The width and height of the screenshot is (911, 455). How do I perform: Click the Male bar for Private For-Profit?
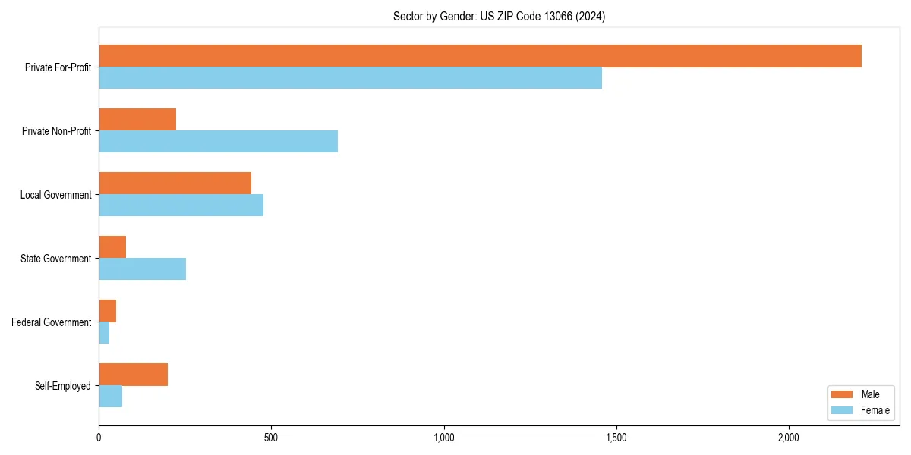point(480,56)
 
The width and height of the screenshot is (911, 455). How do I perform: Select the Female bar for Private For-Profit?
point(350,78)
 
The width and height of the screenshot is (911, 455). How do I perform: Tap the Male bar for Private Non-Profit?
point(137,120)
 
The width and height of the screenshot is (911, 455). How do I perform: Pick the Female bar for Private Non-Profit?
point(218,142)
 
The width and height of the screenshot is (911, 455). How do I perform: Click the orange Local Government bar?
point(175,184)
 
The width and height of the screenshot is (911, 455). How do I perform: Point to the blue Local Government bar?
point(181,206)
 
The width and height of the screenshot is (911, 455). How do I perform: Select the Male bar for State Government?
point(112,247)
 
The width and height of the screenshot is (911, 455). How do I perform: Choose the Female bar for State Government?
point(142,269)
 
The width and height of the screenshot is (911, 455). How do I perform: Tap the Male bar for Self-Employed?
point(133,375)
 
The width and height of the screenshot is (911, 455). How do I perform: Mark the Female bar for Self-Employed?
point(110,397)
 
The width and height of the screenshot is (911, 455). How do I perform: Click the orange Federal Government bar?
point(107,311)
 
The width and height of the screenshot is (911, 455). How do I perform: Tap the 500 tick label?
point(271,438)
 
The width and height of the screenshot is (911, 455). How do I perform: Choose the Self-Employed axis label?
point(62,386)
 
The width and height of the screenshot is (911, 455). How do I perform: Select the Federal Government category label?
point(51,322)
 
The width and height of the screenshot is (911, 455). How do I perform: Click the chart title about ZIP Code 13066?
point(499,16)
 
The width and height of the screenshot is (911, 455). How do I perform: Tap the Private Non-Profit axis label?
point(56,131)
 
